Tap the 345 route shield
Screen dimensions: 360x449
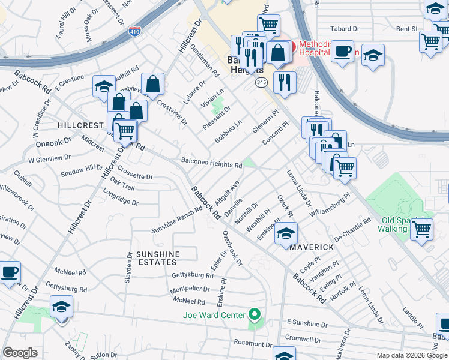(261, 82)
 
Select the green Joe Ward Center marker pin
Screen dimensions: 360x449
(255, 314)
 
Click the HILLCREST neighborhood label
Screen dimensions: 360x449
(81, 125)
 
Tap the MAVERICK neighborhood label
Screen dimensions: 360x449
(312, 247)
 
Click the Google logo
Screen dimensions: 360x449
(20, 353)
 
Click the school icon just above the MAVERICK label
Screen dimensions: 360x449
(286, 233)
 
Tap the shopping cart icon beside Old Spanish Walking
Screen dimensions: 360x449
(422, 228)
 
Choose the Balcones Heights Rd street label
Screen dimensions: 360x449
(211, 163)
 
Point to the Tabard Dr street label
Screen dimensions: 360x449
(346, 28)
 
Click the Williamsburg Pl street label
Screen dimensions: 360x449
(330, 205)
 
